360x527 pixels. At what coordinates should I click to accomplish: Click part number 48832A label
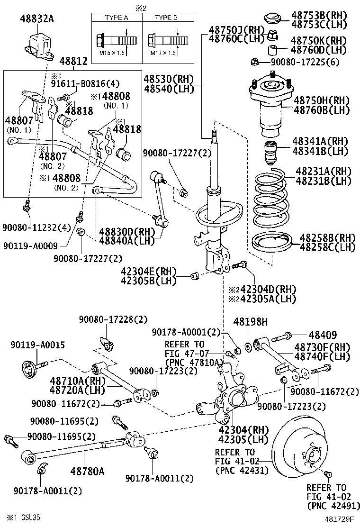click(x=37, y=18)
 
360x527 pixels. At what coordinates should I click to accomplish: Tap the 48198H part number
click(x=251, y=323)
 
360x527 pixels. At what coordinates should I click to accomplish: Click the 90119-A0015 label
click(x=37, y=345)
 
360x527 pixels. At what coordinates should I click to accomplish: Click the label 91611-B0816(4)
click(x=85, y=84)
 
